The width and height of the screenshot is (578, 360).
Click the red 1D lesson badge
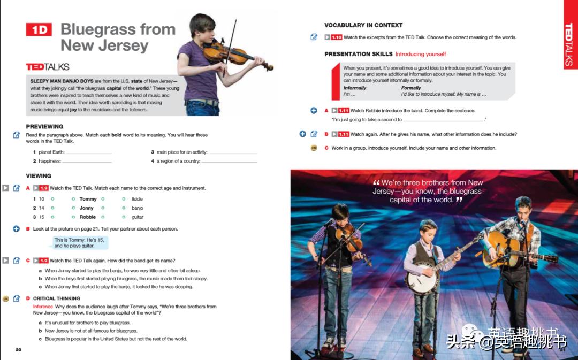(39, 30)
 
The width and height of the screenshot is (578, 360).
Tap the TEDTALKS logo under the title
(48, 67)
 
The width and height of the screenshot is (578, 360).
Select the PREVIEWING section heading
(44, 127)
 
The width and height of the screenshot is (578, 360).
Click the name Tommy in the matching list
(88, 199)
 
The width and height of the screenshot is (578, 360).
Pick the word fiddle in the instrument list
(137, 199)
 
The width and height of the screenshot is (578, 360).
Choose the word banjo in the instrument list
(137, 208)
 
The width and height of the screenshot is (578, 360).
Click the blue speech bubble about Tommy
(81, 243)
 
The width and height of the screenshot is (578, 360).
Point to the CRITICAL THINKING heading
(56, 298)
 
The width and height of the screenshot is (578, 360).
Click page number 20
(18, 350)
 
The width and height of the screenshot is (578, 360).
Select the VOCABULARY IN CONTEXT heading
(363, 25)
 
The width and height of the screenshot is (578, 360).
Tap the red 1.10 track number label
(336, 37)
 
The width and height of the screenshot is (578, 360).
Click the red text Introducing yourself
(421, 54)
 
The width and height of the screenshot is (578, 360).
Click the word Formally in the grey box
(411, 88)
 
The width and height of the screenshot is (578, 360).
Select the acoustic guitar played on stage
(506, 251)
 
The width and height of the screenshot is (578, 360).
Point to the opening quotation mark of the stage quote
(376, 183)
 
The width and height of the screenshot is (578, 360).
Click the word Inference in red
(43, 307)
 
